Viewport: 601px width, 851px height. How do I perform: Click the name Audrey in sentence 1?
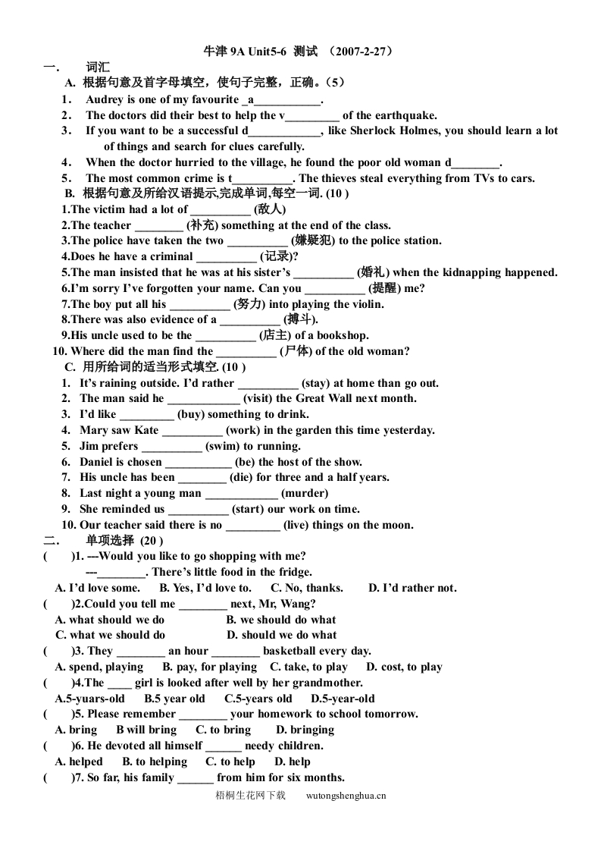(105, 99)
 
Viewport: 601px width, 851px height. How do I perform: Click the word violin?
(362, 304)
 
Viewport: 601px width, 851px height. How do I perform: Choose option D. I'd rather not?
(412, 588)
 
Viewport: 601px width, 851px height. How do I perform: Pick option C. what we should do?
(111, 635)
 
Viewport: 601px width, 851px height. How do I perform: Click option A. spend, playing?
(99, 667)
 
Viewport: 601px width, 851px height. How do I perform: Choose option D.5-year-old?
(343, 699)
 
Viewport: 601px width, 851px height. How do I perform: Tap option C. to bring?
(223, 730)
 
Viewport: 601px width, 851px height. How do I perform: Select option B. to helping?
(155, 762)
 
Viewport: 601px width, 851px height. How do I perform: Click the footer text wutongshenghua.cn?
(346, 796)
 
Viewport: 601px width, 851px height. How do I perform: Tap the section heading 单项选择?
(111, 541)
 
